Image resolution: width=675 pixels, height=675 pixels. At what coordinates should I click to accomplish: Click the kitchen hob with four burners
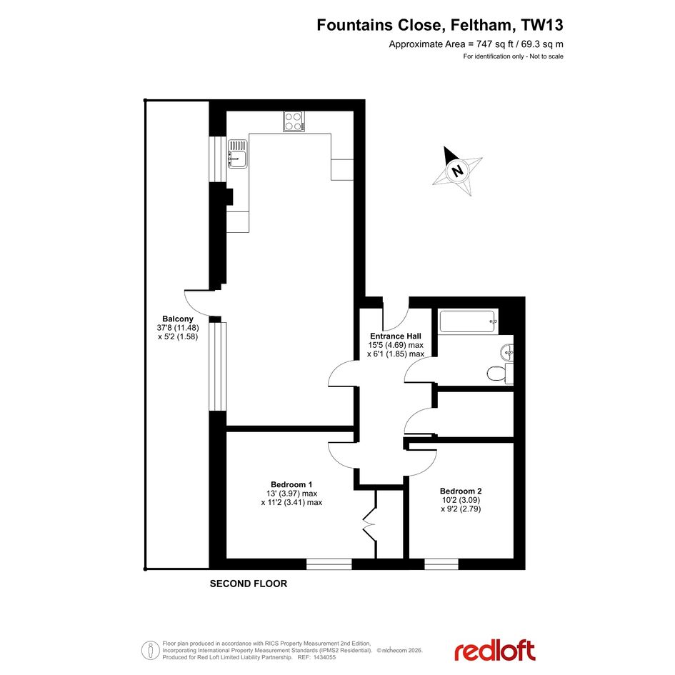pyautogui.click(x=294, y=121)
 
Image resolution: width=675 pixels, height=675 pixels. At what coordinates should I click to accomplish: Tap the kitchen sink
pyautogui.click(x=237, y=154)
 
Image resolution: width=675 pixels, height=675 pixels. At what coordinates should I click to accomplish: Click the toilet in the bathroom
pyautogui.click(x=500, y=373)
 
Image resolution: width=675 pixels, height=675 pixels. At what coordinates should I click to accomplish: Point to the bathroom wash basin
pyautogui.click(x=507, y=352)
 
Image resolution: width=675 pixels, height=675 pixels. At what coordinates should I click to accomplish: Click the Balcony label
pyautogui.click(x=178, y=319)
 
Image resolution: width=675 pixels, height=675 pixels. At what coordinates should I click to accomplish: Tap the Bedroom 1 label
pyautogui.click(x=291, y=484)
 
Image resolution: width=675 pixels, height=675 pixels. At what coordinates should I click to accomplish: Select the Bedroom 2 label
pyautogui.click(x=461, y=491)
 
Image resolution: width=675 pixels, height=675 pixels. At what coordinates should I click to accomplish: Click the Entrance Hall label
pyautogui.click(x=396, y=336)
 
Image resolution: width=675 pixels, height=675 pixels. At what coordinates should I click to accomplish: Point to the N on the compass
pyautogui.click(x=457, y=171)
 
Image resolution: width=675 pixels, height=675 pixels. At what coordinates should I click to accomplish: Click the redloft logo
pyautogui.click(x=495, y=651)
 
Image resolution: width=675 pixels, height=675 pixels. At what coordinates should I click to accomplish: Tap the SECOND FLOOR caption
pyautogui.click(x=249, y=584)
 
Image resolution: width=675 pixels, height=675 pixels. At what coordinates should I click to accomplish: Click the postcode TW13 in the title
pyautogui.click(x=542, y=25)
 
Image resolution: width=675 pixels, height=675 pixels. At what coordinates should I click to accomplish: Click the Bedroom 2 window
pyautogui.click(x=441, y=564)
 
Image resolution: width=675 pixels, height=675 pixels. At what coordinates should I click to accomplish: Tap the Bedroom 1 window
pyautogui.click(x=329, y=564)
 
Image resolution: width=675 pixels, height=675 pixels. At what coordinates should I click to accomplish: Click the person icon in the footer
pyautogui.click(x=150, y=651)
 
